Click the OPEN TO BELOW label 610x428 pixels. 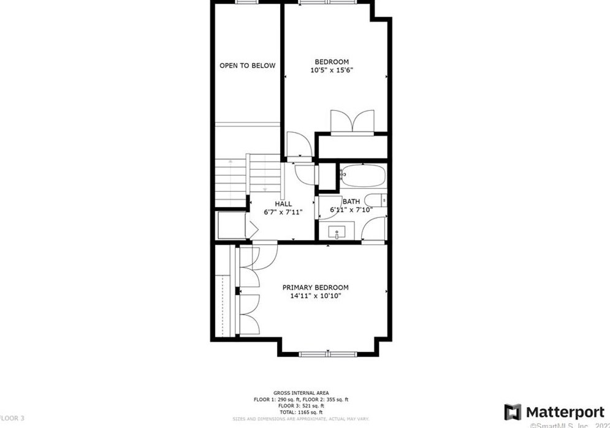248,66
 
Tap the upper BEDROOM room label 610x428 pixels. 332,61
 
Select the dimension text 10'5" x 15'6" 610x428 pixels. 332,70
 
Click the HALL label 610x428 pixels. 283,204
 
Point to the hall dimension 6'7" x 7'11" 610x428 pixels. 283,212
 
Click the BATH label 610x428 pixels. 351,201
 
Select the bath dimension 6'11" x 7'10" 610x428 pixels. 351,210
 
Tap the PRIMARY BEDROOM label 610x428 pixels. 315,287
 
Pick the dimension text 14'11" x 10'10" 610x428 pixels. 315,296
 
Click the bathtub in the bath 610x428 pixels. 362,176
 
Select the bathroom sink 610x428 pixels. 338,233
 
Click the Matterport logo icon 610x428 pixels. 513,411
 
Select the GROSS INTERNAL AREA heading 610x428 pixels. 301,392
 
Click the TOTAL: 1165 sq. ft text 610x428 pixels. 301,412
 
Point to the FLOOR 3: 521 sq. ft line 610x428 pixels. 301,405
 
